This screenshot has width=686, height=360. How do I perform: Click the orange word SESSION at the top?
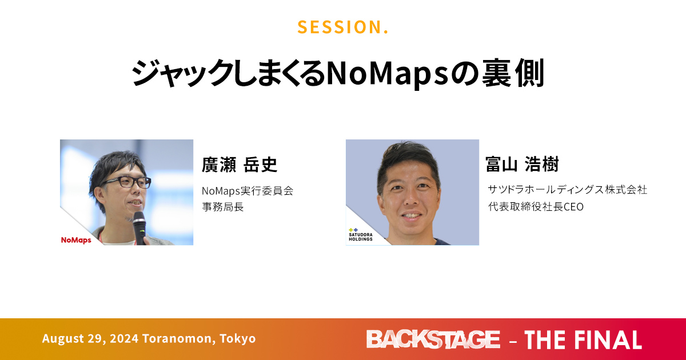(x=340, y=27)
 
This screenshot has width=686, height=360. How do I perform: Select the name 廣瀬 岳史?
(x=239, y=165)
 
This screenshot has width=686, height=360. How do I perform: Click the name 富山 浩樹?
(x=522, y=164)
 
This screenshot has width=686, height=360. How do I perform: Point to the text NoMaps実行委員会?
(x=248, y=191)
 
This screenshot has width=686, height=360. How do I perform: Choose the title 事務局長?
(x=222, y=207)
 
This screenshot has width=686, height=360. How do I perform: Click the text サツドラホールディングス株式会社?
(x=567, y=190)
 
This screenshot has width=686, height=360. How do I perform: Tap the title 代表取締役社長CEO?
(x=536, y=207)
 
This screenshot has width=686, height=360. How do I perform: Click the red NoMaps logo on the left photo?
(x=76, y=240)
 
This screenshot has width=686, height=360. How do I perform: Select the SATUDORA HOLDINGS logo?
(x=361, y=235)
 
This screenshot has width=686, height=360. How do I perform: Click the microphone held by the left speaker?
(x=139, y=228)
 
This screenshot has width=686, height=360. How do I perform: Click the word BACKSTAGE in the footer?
(x=433, y=339)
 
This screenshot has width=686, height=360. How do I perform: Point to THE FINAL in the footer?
(x=583, y=340)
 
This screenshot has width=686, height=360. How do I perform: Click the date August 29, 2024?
(x=90, y=338)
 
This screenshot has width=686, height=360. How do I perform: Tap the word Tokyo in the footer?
(x=238, y=338)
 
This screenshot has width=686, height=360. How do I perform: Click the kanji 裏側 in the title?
(x=513, y=74)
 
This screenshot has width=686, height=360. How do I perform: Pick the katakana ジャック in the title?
(x=183, y=74)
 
